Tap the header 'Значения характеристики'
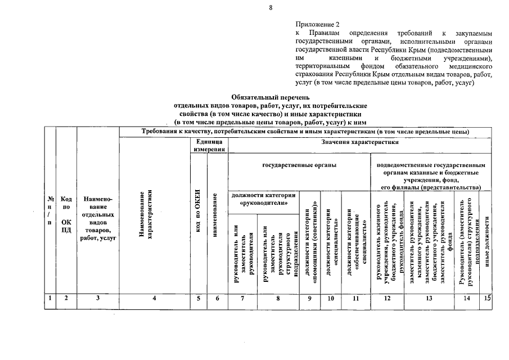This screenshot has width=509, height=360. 360,143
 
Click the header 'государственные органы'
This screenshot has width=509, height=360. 299,165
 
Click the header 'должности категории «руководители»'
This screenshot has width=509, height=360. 263,199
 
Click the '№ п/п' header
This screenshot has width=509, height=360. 51,211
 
